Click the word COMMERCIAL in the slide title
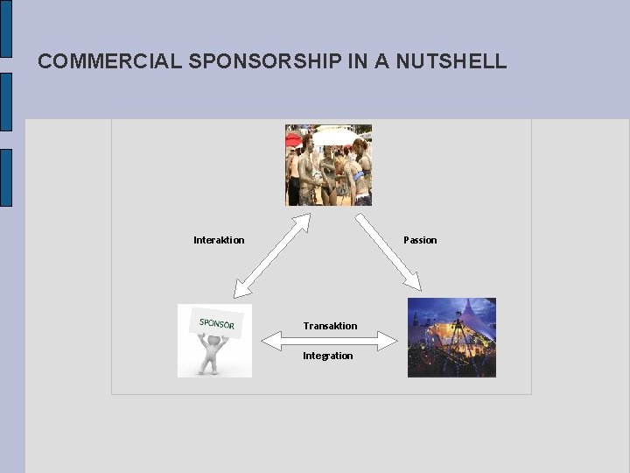(109, 61)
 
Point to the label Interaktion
(219, 240)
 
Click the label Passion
(420, 240)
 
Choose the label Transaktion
(330, 326)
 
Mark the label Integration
(328, 356)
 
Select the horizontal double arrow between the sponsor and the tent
(328, 341)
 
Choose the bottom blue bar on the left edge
(5, 177)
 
